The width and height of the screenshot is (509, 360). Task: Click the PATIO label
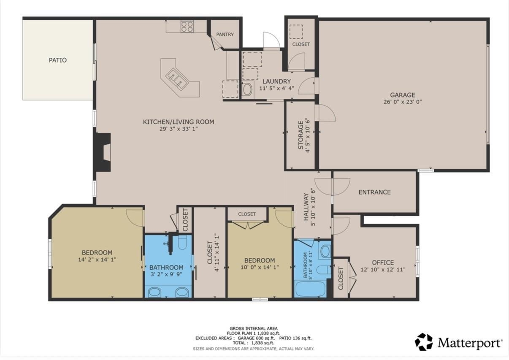coord(58,60)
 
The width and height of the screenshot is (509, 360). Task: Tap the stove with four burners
coord(187,26)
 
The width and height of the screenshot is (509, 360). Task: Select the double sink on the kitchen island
coord(177,78)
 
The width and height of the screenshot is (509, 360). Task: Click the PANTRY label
coord(225,34)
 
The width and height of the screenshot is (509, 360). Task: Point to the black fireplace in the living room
coord(103,152)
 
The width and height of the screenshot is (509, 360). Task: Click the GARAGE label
coord(403,95)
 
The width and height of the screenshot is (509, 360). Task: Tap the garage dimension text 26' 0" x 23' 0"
coord(403,102)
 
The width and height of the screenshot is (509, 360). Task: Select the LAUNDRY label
coord(276,81)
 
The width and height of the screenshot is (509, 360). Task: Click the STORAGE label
coord(301,135)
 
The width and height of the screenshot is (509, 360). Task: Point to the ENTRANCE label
coord(375,192)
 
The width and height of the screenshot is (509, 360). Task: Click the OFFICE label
coord(383,263)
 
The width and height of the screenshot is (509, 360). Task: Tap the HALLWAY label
coord(306,207)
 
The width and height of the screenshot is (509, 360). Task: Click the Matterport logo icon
coord(424,342)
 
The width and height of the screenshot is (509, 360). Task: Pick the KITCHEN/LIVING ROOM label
coord(179,122)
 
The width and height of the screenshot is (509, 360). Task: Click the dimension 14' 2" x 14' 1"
coord(97,260)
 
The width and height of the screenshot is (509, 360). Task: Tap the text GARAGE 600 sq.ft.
coord(256,338)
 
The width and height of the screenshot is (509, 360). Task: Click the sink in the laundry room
coord(247,89)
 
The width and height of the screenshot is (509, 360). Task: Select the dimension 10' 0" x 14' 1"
coord(260,267)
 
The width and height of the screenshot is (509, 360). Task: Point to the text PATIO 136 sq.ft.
coord(295,338)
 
